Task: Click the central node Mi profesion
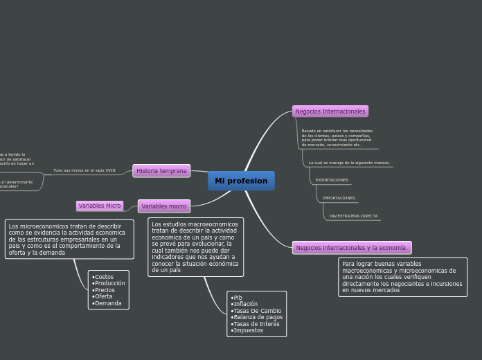tap(241, 181)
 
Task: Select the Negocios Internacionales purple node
tap(330, 111)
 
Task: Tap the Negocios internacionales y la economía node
tap(352, 248)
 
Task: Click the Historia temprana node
tap(161, 171)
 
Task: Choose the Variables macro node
tap(164, 206)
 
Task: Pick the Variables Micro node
tap(100, 206)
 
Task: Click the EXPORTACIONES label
tap(332, 180)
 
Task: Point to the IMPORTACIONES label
tap(338, 198)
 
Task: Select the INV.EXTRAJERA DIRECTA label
tap(353, 216)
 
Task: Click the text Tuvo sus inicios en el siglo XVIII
tap(84, 170)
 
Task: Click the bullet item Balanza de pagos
tap(258, 317)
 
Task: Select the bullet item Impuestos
tap(248, 330)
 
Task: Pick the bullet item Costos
tap(104, 277)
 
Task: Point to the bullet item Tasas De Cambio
tap(257, 311)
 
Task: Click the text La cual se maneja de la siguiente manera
tap(349, 163)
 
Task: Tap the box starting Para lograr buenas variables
tap(402, 277)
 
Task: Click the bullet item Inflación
tap(245, 304)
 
